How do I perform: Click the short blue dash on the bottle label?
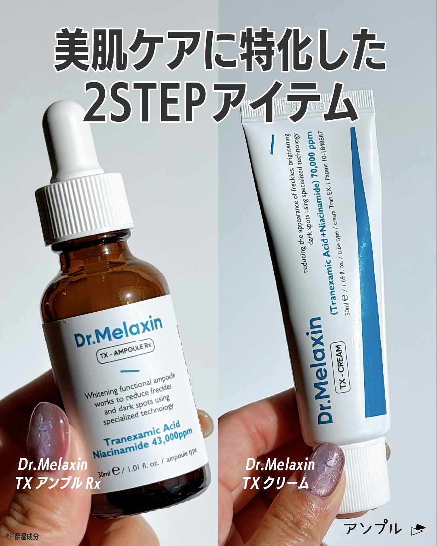click(x=130, y=370)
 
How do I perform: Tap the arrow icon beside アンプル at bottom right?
click(x=418, y=529)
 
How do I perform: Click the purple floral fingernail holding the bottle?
click(x=49, y=429)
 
